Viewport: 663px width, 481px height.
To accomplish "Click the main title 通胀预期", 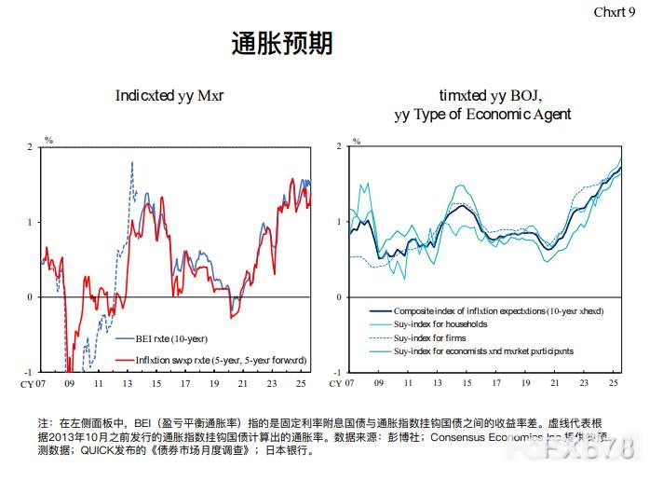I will click(x=281, y=44).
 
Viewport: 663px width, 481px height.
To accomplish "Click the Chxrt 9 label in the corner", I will click(x=615, y=11).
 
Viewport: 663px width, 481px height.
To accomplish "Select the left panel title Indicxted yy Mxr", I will click(x=169, y=95).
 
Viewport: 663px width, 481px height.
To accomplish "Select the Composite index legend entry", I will click(x=498, y=310).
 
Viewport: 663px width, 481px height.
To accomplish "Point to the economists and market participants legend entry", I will click(x=483, y=351).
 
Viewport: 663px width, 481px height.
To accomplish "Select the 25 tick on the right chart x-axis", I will click(x=614, y=383).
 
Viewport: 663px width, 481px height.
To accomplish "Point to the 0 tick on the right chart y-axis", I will click(x=339, y=297).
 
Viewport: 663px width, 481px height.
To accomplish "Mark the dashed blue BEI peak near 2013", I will click(x=132, y=163).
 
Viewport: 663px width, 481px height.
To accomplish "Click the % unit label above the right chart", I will click(x=354, y=140).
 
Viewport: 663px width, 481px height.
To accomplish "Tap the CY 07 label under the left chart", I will click(x=35, y=383).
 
